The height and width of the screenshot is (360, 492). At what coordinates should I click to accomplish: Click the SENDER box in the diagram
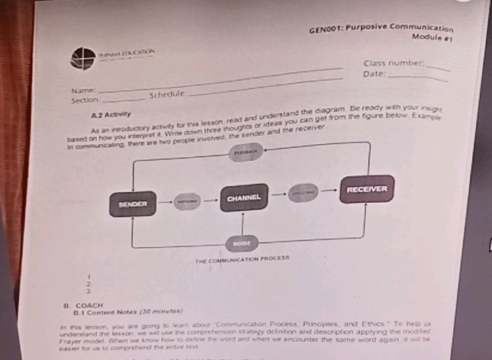click(x=133, y=204)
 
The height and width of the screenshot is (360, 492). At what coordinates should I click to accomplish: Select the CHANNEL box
click(x=243, y=198)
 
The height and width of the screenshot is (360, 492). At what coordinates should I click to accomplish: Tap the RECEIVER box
click(x=367, y=188)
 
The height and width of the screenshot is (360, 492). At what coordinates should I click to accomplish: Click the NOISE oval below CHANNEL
click(x=243, y=243)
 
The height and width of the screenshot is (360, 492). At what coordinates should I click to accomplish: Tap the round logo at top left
click(x=82, y=57)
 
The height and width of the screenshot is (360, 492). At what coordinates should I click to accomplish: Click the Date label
click(x=375, y=74)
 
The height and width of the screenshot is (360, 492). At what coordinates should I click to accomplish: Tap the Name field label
click(x=82, y=91)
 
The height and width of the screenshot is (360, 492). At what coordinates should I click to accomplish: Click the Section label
click(x=85, y=100)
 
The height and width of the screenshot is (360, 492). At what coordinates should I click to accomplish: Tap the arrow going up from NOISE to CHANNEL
click(x=243, y=226)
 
